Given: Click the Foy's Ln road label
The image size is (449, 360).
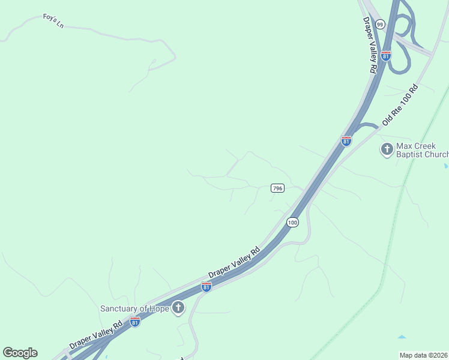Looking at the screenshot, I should coord(53,21).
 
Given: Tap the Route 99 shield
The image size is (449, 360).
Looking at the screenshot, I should coord(380,24).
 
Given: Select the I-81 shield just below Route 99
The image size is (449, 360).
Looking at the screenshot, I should coord(386,55).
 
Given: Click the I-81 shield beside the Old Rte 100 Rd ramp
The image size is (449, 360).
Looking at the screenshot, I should coord(346,141).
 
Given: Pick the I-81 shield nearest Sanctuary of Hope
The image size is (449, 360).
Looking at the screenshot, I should coord(135,322).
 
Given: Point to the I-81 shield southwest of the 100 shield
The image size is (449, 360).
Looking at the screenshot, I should coord(206,287).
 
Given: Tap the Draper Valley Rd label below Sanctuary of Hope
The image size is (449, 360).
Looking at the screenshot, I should coord(96,334).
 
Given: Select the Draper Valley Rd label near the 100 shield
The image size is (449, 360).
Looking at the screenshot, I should coord(234,262).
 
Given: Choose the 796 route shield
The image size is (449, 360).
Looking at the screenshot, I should coord(277,188).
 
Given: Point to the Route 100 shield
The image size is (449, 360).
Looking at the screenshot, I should coord(292,223).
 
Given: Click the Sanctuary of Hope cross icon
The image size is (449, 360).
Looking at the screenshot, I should coord(178,308).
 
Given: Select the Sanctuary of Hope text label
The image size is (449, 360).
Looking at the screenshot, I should coord(134,308).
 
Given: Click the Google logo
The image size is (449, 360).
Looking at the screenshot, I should coord(20,353).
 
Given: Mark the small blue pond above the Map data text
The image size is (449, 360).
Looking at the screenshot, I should coord(402,337).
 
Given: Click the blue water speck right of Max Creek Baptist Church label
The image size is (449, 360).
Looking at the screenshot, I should coord(445,165).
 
